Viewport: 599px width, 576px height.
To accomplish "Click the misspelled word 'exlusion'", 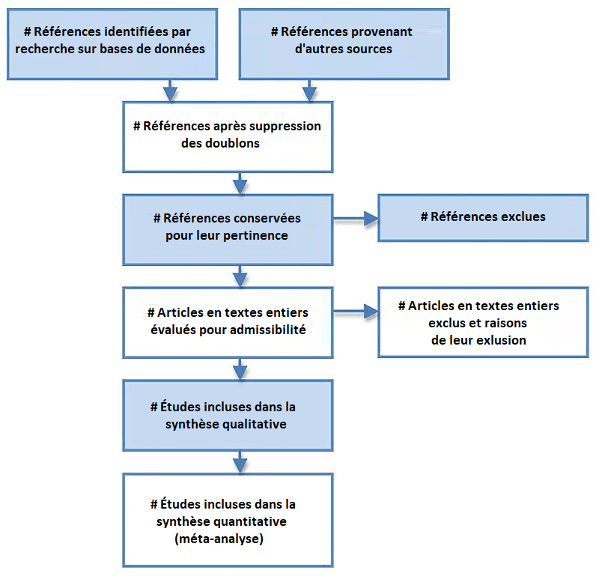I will [501, 340].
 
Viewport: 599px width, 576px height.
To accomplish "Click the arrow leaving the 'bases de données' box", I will [171, 90].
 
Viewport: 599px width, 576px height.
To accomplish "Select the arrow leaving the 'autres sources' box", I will [308, 90].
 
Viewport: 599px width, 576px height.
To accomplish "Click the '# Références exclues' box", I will [483, 217].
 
